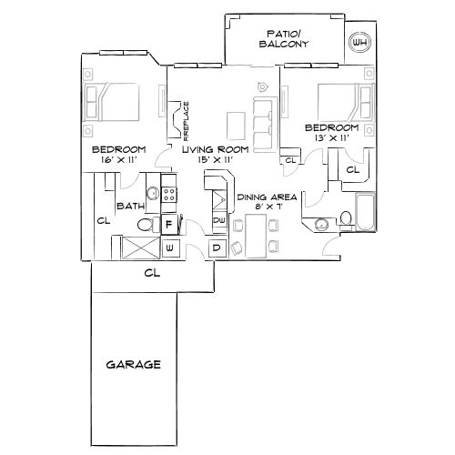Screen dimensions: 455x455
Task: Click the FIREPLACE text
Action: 184,122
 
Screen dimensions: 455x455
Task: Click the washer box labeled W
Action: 169,247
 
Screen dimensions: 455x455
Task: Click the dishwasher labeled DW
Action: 218,220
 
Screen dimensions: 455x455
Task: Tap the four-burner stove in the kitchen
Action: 170,194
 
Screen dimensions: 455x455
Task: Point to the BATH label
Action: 130,206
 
